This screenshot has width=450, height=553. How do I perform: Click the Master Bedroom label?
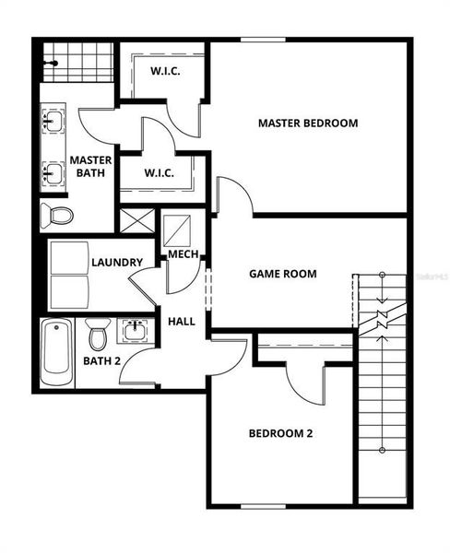[307, 123]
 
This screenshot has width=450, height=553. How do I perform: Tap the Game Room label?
[283, 274]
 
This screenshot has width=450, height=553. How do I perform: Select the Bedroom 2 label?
[281, 433]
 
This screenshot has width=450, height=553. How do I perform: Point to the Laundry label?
[116, 263]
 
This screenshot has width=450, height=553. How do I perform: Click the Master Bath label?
[89, 166]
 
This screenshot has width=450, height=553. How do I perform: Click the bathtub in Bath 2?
[56, 352]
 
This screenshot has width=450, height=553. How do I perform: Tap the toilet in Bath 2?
[98, 333]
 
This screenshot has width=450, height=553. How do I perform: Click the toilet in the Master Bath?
[58, 217]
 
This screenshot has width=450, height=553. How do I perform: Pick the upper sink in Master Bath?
[52, 121]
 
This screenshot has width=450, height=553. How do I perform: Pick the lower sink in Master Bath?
[52, 171]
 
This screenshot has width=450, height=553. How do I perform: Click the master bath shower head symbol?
[53, 63]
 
